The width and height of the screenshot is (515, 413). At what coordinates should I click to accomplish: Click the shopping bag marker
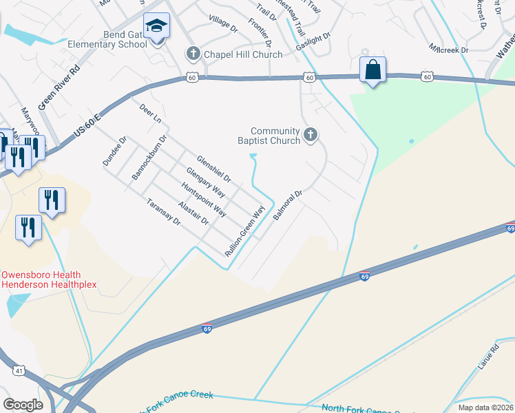point(372,70)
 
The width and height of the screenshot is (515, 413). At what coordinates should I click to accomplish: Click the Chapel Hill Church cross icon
point(193,54)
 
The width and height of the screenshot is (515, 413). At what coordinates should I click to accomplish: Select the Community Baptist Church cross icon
point(311,136)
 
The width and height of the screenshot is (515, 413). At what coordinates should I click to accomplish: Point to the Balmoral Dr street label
point(288,205)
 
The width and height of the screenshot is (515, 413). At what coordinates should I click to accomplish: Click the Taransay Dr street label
point(164,213)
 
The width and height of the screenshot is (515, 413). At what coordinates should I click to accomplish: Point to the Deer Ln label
point(149,114)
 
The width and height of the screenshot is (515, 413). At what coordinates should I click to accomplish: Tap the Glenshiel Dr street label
point(213,169)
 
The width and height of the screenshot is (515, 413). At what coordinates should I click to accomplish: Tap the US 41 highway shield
point(19,371)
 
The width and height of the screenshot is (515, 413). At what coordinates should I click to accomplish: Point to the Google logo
point(23,405)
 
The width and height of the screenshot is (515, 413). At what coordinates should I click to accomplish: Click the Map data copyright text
point(485,407)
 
